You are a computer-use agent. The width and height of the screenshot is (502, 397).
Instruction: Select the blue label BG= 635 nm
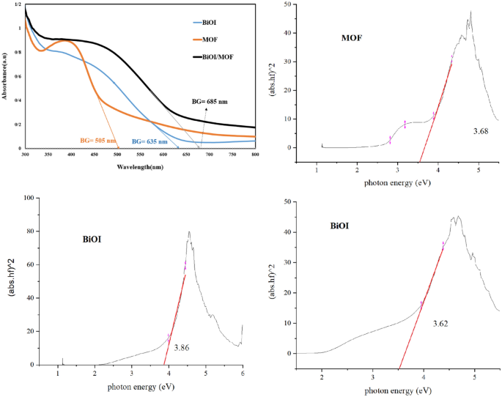pos(150,141)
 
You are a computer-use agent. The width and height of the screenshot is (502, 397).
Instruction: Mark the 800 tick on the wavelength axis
pos(254,155)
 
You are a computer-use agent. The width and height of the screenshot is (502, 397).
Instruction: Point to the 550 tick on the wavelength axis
pos(139,155)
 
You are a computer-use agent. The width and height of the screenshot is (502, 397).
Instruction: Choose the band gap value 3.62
pos(441,323)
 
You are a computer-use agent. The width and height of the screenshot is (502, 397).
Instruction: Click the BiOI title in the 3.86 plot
pos(97,238)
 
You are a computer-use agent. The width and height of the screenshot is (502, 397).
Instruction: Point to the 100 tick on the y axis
pos(30,198)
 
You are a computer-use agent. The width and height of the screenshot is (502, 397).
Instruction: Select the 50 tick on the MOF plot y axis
pos(293,4)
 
